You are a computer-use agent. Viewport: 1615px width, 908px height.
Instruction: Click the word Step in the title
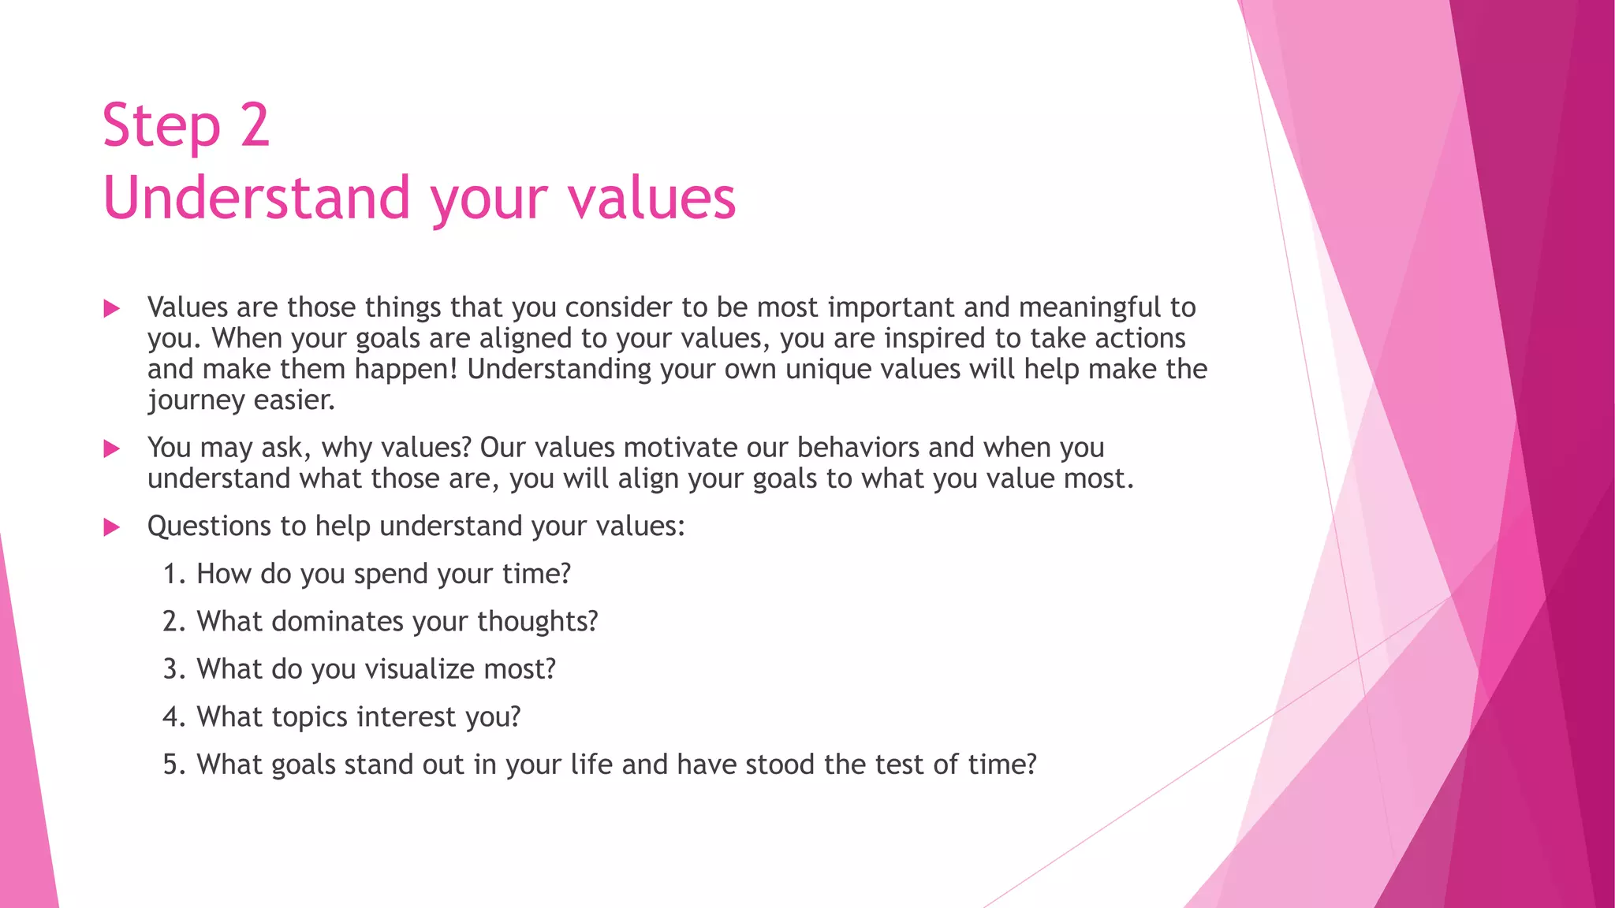pos(161,126)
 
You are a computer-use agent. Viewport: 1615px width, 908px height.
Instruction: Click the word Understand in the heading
pos(257,197)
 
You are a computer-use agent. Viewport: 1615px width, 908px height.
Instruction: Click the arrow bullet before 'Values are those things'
pos(112,308)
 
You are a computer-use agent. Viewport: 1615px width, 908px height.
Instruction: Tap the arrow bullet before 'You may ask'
pos(112,449)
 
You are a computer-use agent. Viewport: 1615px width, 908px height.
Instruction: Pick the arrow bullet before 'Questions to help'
pos(112,527)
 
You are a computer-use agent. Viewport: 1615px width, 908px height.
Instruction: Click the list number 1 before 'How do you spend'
pos(172,574)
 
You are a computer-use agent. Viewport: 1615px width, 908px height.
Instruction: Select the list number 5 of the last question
pos(172,765)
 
